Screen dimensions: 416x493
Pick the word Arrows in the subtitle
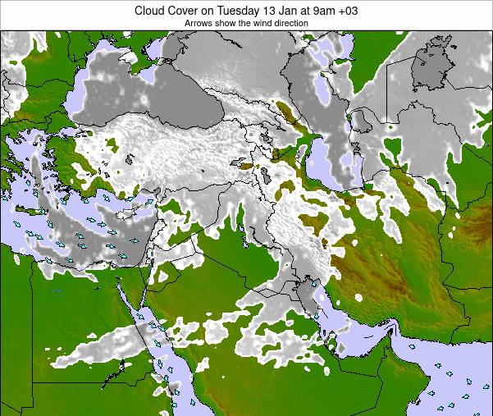point(199,24)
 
